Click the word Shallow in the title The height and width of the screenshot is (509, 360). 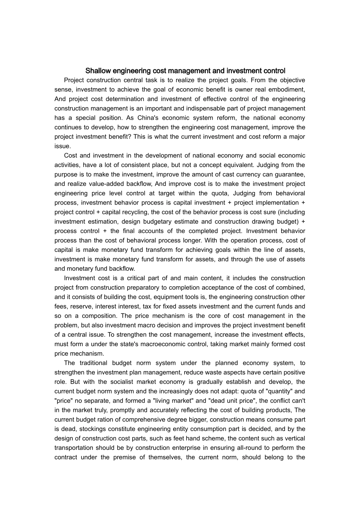click(97, 71)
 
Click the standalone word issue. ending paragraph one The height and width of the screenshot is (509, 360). click(63, 146)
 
